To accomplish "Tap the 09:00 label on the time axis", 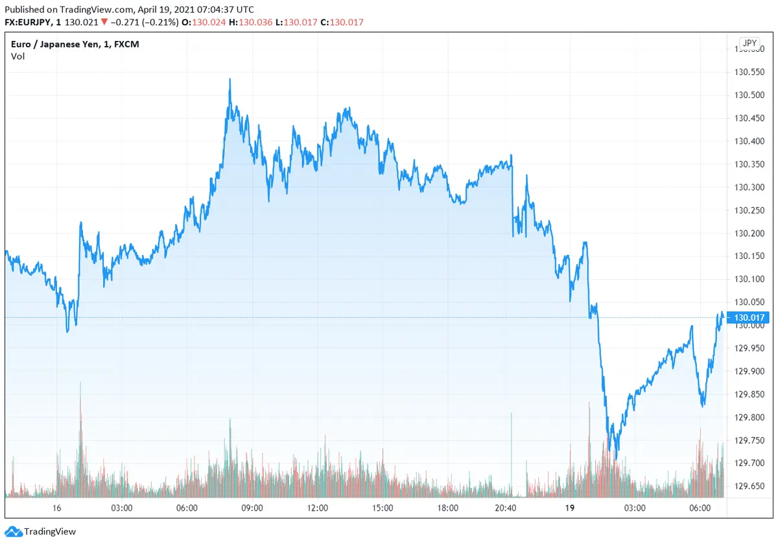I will point(252,508).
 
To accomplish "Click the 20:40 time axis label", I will point(506,508).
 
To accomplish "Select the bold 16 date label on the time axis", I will point(57,508).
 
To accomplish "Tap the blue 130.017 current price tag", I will point(751,317).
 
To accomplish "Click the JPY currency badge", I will point(750,43).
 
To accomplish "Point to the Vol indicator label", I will point(18,56).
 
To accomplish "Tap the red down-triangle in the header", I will point(104,22).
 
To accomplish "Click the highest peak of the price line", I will point(230,80).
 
